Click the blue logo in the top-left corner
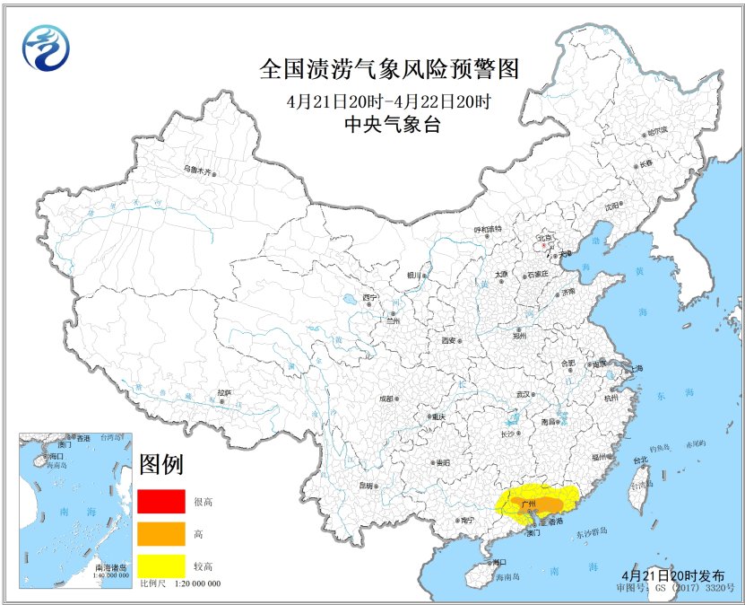(x=45, y=47)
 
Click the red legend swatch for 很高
(x=160, y=502)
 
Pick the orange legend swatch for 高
(x=160, y=533)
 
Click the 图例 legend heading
(x=161, y=465)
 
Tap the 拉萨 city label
(x=225, y=392)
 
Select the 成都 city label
(x=386, y=398)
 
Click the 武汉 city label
(x=525, y=394)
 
